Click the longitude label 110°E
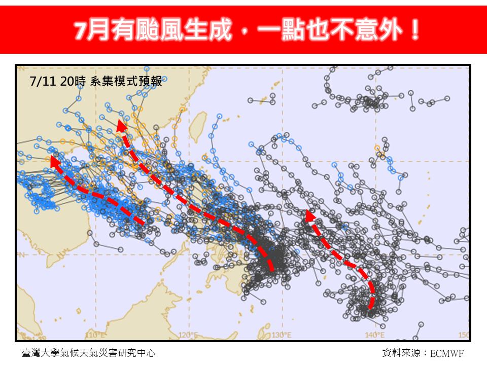[94, 335]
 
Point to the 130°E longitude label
[281, 335]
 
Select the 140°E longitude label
[374, 335]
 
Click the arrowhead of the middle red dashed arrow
[120, 125]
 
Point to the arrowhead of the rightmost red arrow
[307, 216]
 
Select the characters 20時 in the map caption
[73, 81]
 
